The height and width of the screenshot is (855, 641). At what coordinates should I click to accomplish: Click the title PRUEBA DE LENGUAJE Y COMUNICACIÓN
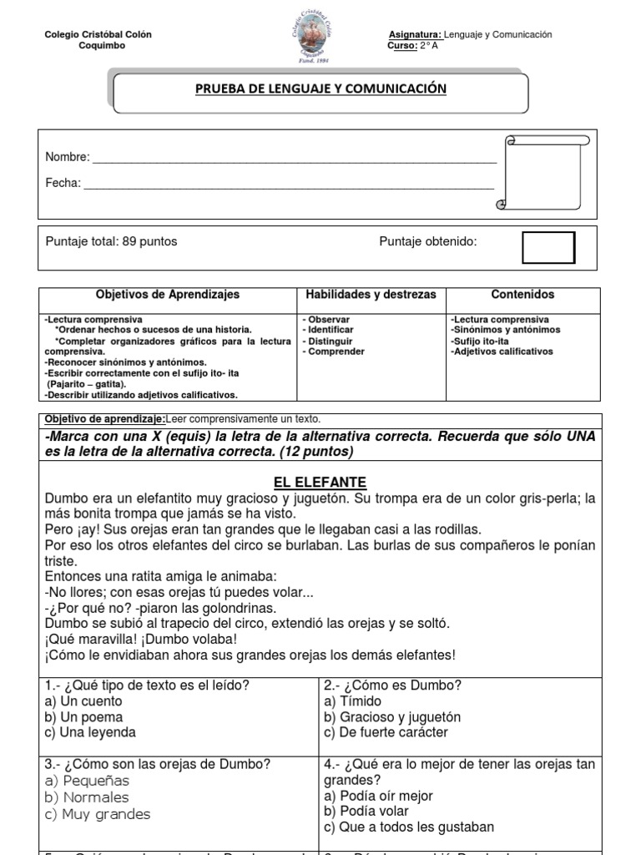coord(321,89)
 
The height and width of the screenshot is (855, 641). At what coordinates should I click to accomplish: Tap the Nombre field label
coord(66,157)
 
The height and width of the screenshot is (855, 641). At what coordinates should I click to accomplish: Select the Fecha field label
coord(63,184)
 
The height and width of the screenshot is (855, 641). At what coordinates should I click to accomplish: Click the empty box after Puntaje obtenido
coord(548,247)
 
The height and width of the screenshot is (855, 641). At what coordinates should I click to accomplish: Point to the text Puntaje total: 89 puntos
coord(111,241)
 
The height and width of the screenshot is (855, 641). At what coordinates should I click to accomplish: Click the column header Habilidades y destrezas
coord(371,295)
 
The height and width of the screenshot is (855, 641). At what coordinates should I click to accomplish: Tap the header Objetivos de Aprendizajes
coord(167,295)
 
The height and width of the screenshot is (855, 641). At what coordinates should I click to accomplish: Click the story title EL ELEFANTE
coord(321,483)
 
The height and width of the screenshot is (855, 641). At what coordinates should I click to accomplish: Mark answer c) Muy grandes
coord(98,814)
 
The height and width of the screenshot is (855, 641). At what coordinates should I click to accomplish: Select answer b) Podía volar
coord(366,812)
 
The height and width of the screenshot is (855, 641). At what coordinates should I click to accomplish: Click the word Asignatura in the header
coord(415,34)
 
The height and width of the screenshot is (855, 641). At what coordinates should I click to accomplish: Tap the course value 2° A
coord(429,46)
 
